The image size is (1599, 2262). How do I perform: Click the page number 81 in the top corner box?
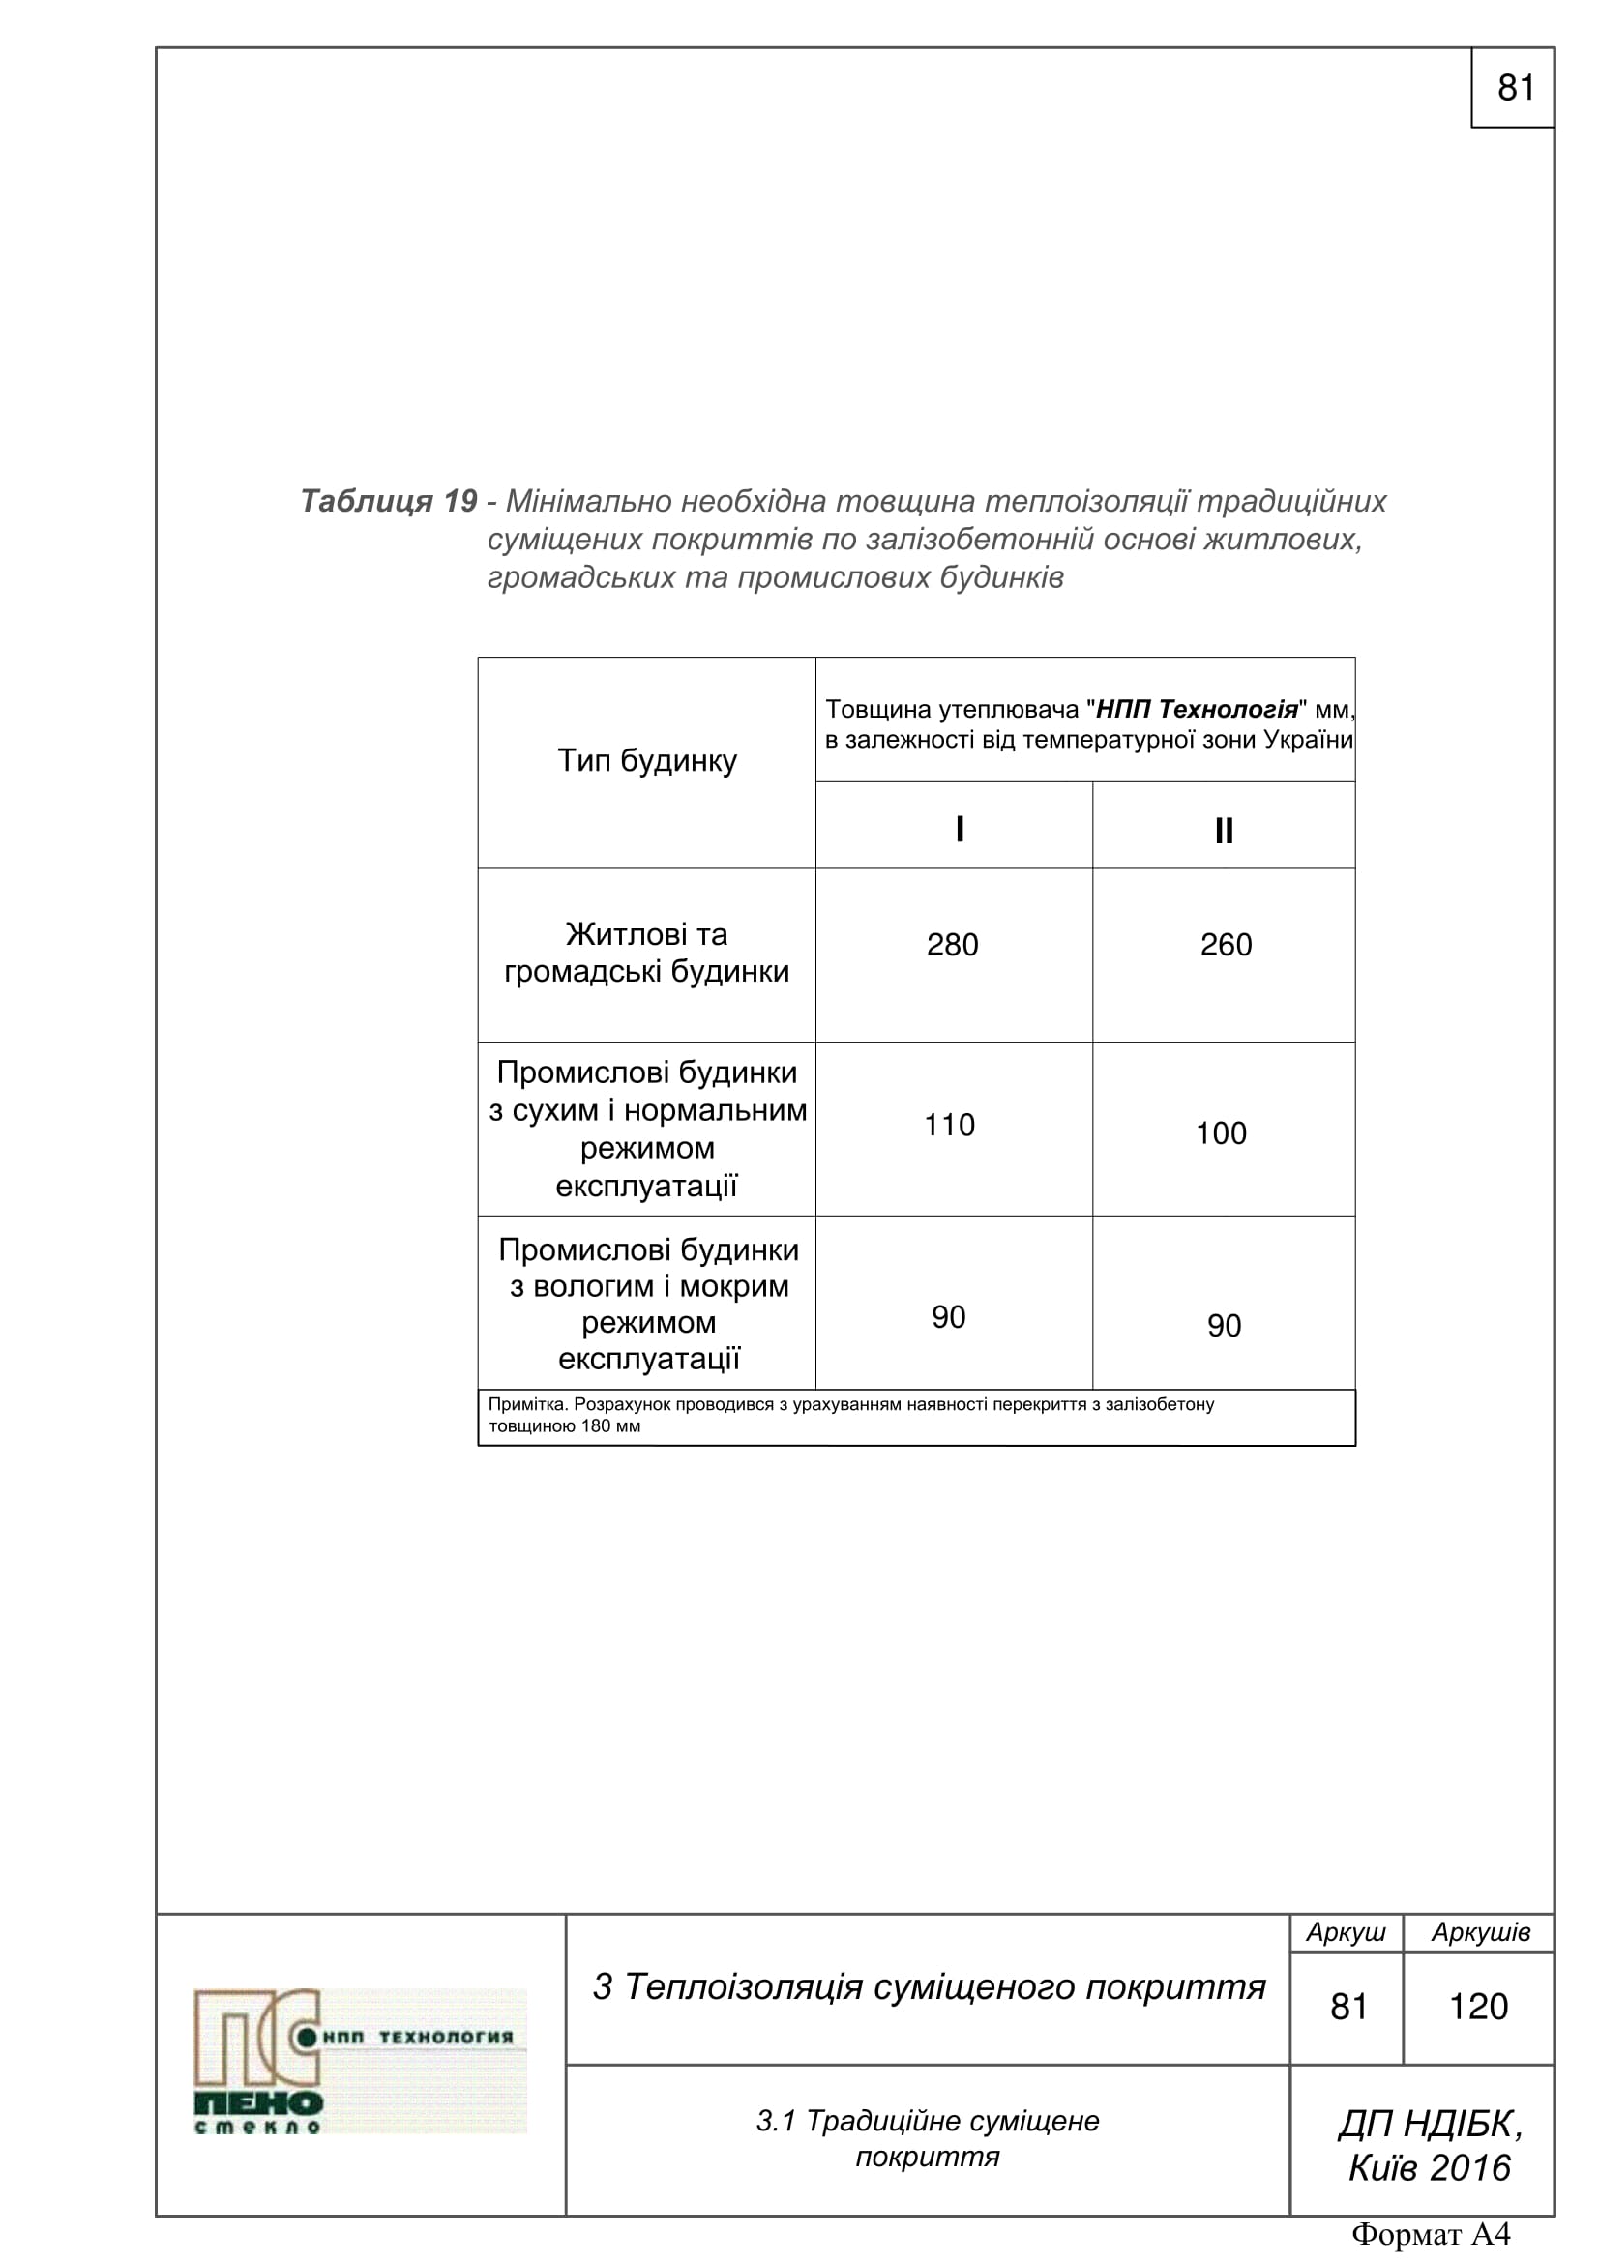click(1515, 88)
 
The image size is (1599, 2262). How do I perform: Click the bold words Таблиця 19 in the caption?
click(389, 502)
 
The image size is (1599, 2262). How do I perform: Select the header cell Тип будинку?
click(647, 760)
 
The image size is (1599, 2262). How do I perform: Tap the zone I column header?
click(960, 830)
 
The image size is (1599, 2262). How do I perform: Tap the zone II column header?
click(1224, 832)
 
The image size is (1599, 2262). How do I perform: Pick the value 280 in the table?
click(953, 945)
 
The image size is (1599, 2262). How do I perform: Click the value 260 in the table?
click(1226, 945)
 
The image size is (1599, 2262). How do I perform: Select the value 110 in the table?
click(950, 1125)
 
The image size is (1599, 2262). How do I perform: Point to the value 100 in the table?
click(1222, 1133)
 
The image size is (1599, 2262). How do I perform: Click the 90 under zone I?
click(949, 1317)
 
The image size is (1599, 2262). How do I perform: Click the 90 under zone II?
click(1224, 1326)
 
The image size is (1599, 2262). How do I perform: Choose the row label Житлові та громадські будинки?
click(647, 953)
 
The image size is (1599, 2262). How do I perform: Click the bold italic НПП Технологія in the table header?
click(1197, 709)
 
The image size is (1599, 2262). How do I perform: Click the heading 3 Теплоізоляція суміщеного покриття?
click(928, 1987)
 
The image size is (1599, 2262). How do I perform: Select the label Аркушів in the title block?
click(1481, 1932)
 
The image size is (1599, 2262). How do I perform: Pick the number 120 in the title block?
click(1479, 2007)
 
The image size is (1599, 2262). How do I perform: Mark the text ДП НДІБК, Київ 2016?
click(1430, 2146)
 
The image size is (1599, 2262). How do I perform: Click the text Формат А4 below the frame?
click(1431, 2234)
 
